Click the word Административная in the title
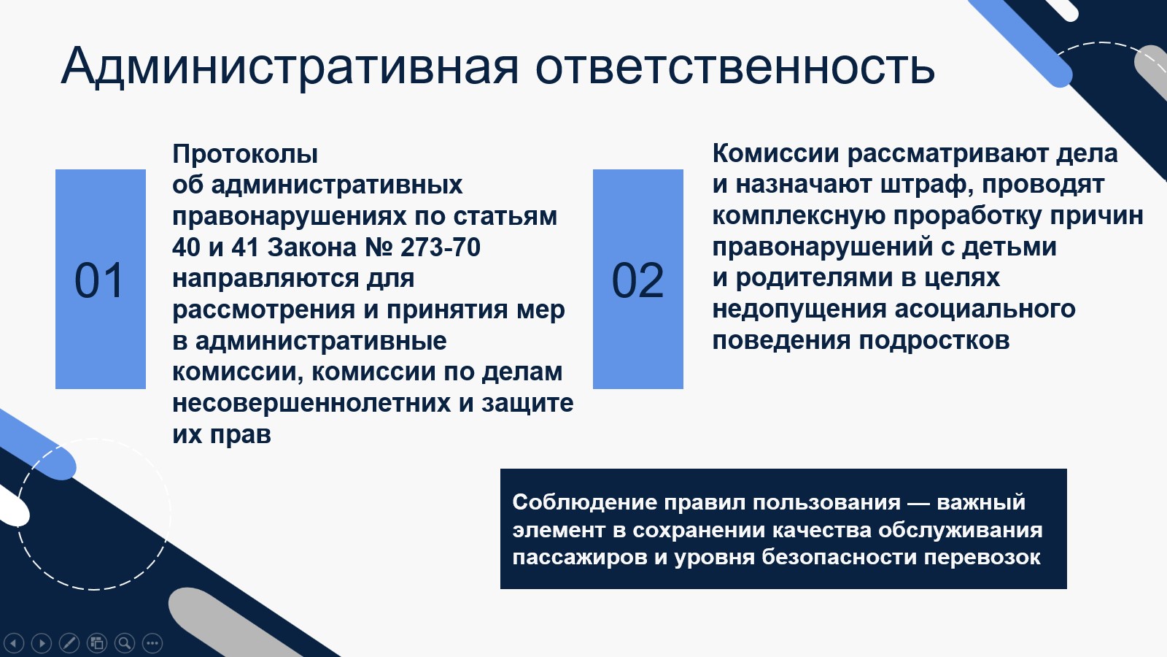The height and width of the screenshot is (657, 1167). coord(290,67)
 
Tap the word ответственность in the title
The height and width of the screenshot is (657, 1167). coord(734,67)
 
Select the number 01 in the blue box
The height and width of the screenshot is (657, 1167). coord(100,280)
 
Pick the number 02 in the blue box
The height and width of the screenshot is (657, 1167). coord(637,280)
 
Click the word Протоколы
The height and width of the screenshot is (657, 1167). coord(245,154)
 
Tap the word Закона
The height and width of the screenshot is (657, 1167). coord(312,247)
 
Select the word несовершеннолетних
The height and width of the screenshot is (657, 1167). coord(311,403)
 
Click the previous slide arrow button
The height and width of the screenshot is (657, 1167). coord(14,643)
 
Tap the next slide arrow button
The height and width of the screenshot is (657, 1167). coord(42,643)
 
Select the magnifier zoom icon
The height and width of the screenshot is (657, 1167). coord(125,643)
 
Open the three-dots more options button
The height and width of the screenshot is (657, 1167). coord(152,643)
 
